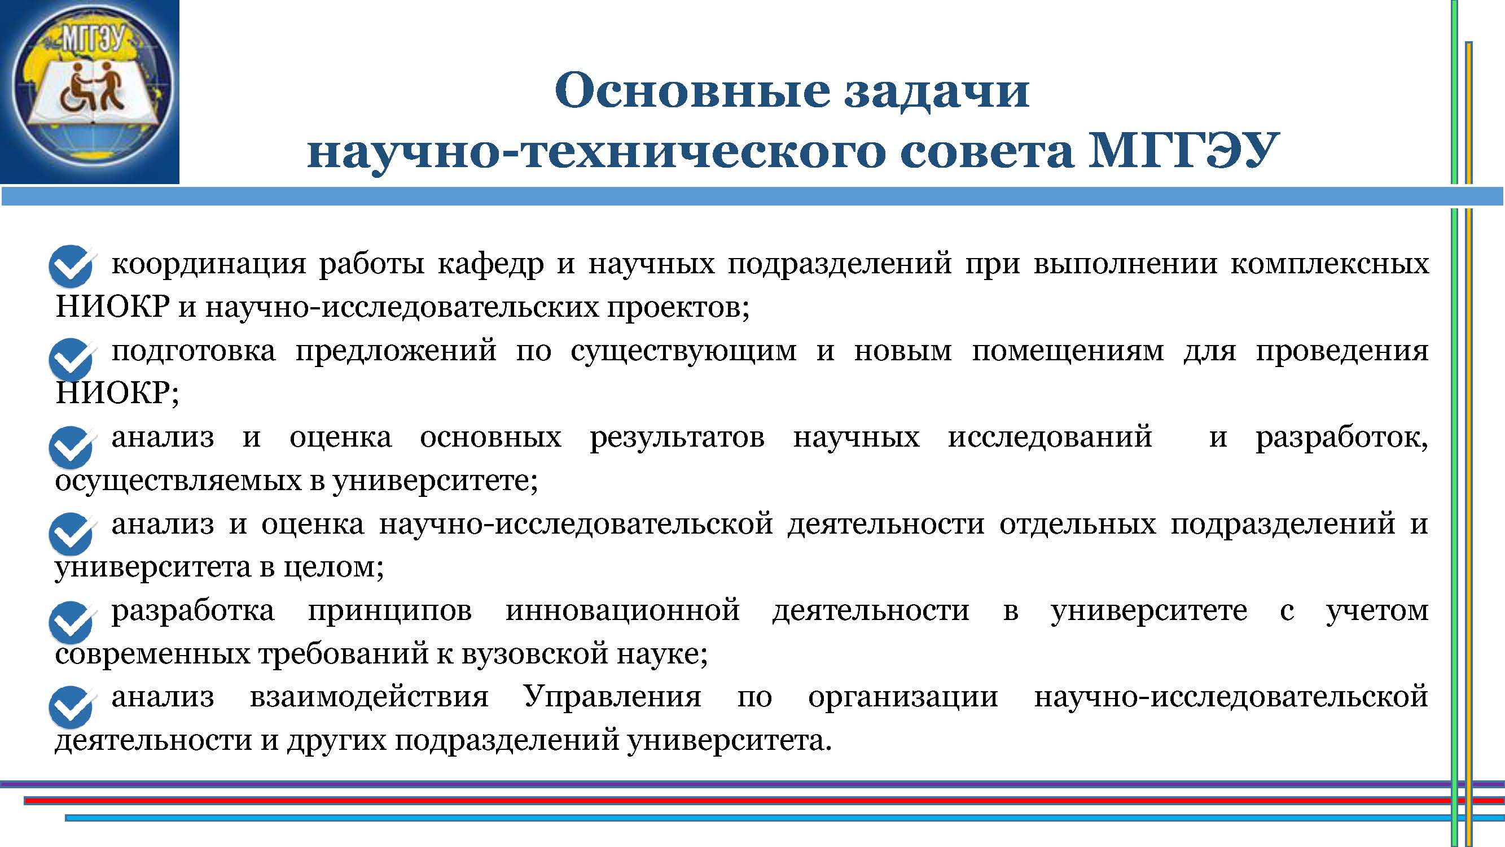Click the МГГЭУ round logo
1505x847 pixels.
click(92, 92)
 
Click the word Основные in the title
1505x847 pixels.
click(692, 90)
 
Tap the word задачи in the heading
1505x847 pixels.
click(937, 91)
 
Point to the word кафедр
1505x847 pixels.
click(490, 265)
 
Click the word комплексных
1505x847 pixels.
click(1330, 265)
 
